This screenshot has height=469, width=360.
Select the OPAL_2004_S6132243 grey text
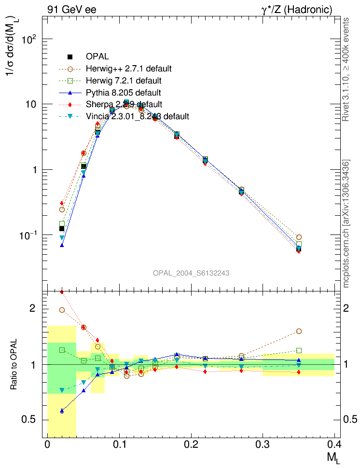click(191, 273)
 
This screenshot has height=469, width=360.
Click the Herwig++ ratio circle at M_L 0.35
click(299, 331)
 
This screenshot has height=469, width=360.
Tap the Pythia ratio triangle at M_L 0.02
click(62, 411)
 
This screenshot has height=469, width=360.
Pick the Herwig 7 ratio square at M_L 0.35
click(299, 351)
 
